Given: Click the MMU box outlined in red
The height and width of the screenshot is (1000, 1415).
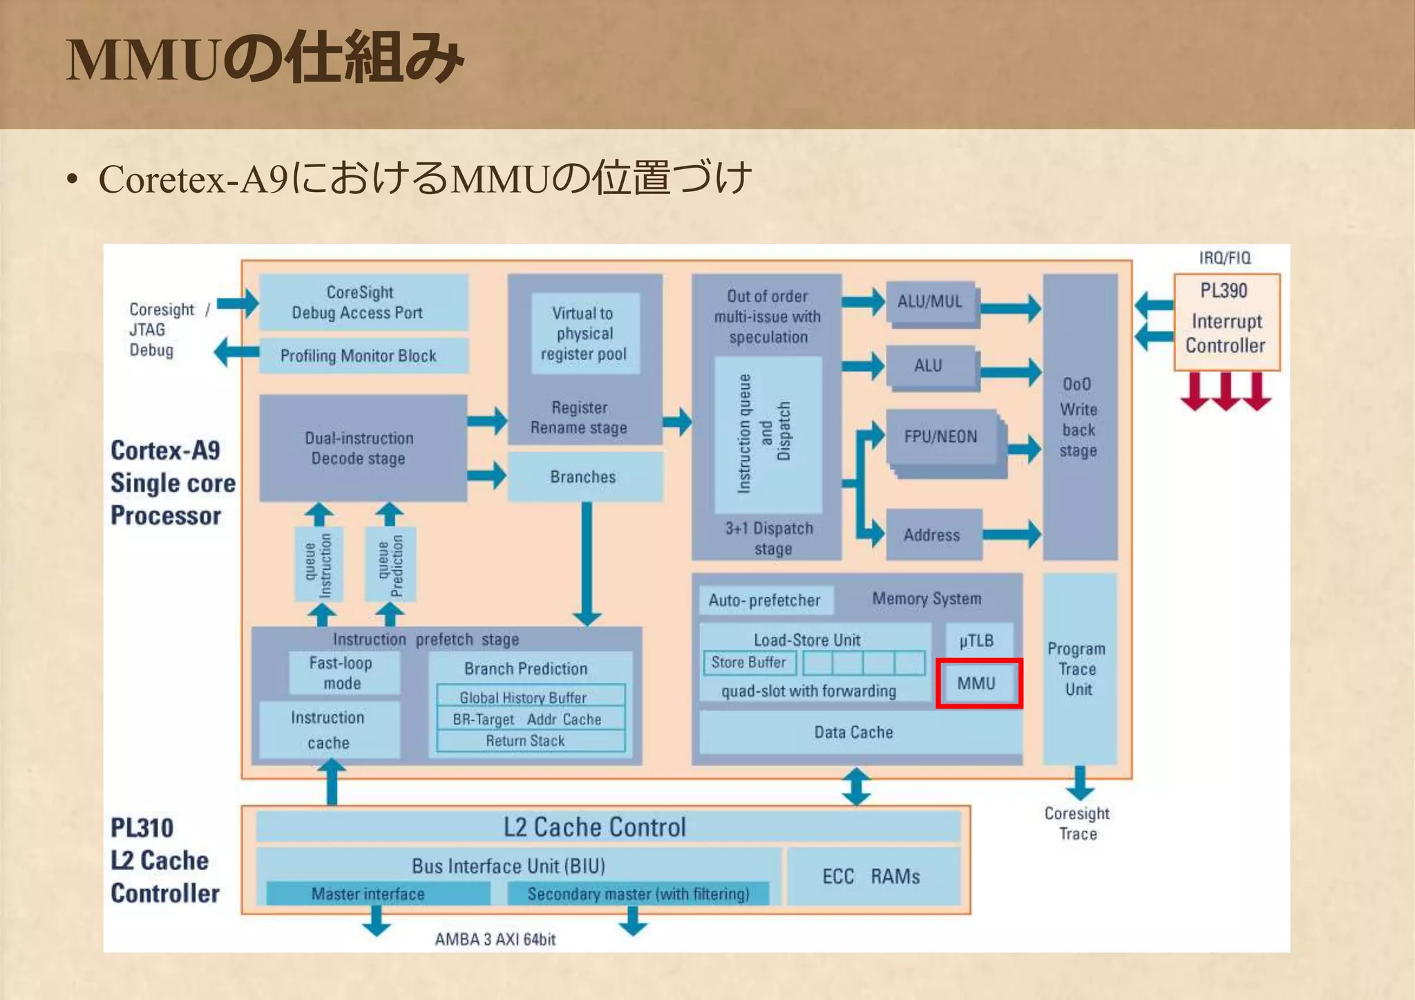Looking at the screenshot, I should [x=978, y=683].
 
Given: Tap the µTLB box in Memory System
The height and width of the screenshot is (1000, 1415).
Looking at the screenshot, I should [x=976, y=640].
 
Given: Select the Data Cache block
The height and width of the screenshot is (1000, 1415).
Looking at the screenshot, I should [x=853, y=733].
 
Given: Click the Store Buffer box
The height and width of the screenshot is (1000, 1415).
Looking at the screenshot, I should [x=749, y=662].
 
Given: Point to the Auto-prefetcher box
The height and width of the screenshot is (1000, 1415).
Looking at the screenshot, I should [x=765, y=600].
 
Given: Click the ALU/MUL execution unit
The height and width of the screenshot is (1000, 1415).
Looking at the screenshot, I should [x=930, y=301].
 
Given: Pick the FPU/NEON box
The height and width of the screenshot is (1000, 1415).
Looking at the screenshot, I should [x=941, y=436].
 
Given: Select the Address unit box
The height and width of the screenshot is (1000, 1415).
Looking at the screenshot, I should [x=933, y=535].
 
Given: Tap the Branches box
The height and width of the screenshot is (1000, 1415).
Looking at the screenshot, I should [x=584, y=477].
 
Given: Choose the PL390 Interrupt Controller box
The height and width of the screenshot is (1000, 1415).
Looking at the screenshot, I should [x=1226, y=322].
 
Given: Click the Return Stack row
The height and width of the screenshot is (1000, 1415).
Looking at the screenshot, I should [x=526, y=741].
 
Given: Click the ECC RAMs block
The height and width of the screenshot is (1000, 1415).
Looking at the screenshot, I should [x=872, y=876].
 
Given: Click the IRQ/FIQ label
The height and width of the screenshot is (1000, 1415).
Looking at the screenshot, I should [x=1224, y=258].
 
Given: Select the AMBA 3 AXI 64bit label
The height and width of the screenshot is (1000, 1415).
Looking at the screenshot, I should [x=495, y=939].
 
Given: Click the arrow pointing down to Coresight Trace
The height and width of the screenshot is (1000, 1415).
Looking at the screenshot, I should [x=1079, y=783].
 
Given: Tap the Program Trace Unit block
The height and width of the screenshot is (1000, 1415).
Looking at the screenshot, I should [x=1079, y=669].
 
